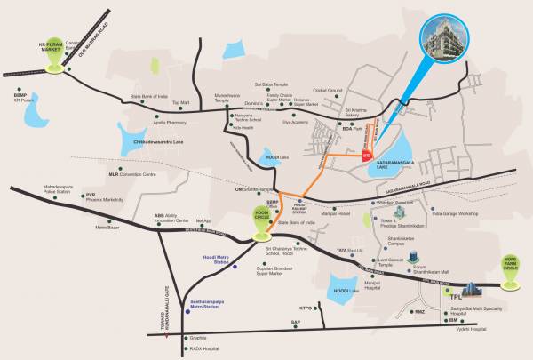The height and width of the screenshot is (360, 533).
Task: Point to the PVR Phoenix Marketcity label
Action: point(103,197)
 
